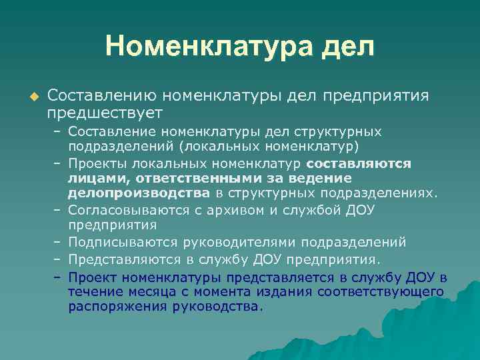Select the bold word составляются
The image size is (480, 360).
[359, 163]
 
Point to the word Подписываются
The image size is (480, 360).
[117, 242]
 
